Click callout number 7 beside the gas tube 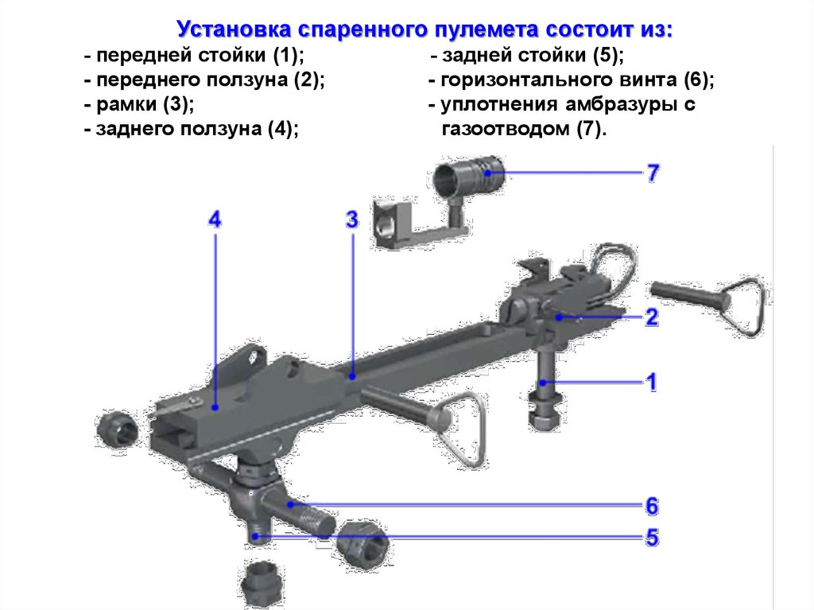(653, 173)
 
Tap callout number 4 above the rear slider (215, 220)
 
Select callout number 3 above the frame (352, 220)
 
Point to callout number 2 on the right (652, 317)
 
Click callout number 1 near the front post (651, 382)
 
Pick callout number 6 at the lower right (652, 506)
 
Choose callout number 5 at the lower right (652, 538)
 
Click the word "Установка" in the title (235, 29)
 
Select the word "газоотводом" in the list (505, 128)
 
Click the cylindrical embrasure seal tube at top (468, 176)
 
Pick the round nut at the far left (118, 428)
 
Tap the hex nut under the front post (544, 410)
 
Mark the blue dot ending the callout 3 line (352, 375)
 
